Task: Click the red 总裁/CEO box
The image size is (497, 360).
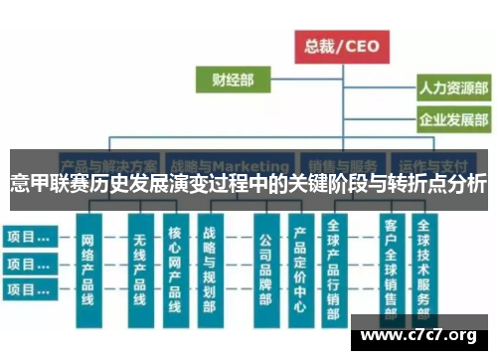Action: point(341,45)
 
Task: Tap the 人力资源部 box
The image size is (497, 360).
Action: point(452,89)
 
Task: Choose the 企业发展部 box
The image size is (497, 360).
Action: point(452,120)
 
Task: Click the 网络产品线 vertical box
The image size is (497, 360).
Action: point(87,269)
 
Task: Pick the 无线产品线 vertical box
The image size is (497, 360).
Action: point(139,269)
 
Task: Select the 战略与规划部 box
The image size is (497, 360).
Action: point(209,269)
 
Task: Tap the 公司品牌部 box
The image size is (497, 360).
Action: point(264,269)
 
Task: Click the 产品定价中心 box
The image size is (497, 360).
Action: point(299,269)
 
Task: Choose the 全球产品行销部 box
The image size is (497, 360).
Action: point(334,269)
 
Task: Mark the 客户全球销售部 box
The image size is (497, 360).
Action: point(390,269)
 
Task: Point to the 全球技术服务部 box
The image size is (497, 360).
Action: point(424,269)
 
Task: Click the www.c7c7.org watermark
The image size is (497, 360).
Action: point(418,333)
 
